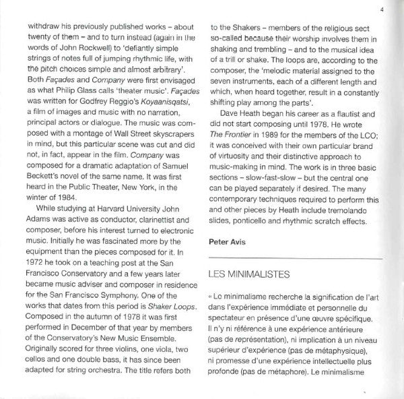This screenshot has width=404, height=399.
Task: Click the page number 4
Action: pyautogui.click(x=381, y=9)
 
